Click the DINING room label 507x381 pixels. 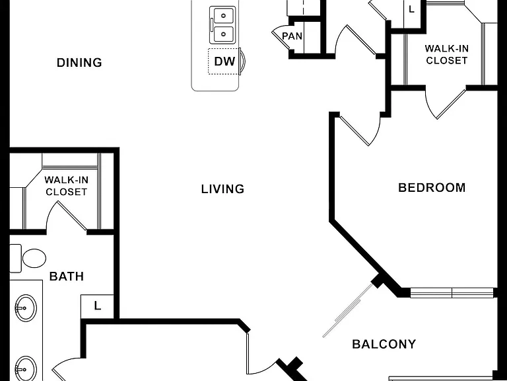pyautogui.click(x=79, y=63)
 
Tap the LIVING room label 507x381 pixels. pyautogui.click(x=222, y=189)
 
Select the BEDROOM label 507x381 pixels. pyautogui.click(x=432, y=188)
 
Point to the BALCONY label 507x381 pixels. pyautogui.click(x=384, y=344)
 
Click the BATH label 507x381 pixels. pyautogui.click(x=67, y=276)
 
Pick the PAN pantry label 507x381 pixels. pyautogui.click(x=292, y=36)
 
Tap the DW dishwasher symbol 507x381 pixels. pyautogui.click(x=224, y=62)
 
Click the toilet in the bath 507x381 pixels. pyautogui.click(x=28, y=258)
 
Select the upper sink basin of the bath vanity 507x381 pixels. pyautogui.click(x=26, y=308)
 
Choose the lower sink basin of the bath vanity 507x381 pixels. pyautogui.click(x=26, y=368)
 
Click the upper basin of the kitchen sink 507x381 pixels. pyautogui.click(x=223, y=15)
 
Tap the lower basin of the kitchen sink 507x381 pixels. pyautogui.click(x=223, y=34)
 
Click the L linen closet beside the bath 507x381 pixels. pyautogui.click(x=97, y=306)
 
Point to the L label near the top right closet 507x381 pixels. pyautogui.click(x=411, y=9)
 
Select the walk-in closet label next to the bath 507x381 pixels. pyautogui.click(x=66, y=186)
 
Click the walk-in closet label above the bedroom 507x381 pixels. pyautogui.click(x=446, y=54)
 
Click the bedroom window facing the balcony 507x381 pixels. pyautogui.click(x=452, y=293)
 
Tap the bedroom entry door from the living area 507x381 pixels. pyautogui.click(x=360, y=130)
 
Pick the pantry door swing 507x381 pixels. pyautogui.click(x=281, y=36)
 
